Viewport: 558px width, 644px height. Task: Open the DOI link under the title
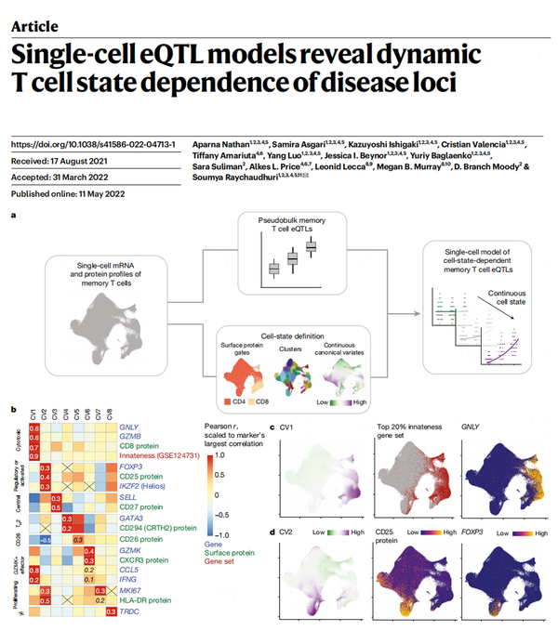[x=87, y=144]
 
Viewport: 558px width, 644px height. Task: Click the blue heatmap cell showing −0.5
[x=45, y=540]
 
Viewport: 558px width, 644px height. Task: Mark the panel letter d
[x=271, y=532]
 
